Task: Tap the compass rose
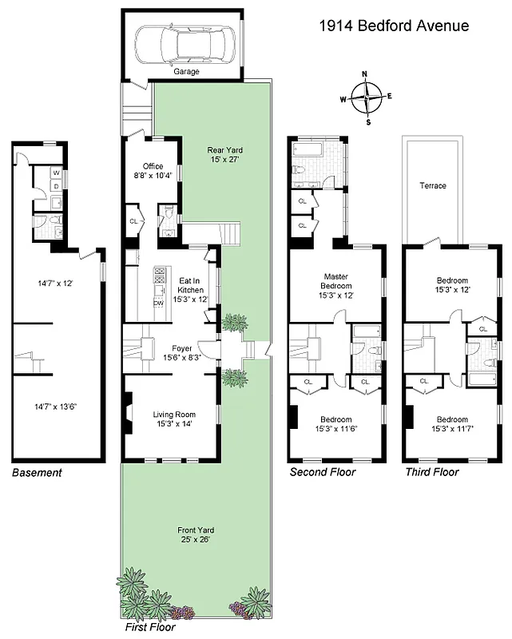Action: point(366,99)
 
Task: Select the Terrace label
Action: point(432,185)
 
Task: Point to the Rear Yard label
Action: point(224,149)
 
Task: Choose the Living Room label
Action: point(174,414)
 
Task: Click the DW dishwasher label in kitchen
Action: point(158,304)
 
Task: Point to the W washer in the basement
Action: point(56,172)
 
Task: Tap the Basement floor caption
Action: point(37,473)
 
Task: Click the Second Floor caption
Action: point(322,472)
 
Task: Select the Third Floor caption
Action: point(431,472)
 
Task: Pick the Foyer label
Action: point(181,348)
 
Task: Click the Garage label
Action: point(186,71)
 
